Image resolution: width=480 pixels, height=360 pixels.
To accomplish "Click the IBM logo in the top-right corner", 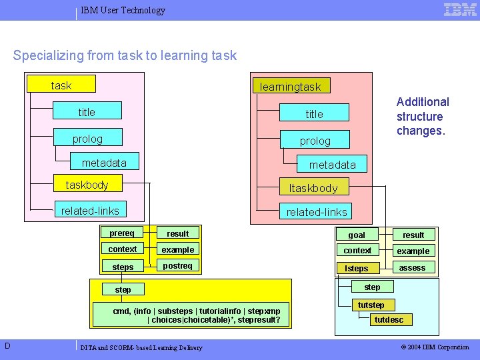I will [x=460, y=9].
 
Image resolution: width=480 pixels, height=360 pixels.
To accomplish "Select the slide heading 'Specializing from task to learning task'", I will [x=125, y=55].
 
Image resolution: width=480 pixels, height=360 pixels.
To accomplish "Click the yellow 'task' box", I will [x=61, y=85].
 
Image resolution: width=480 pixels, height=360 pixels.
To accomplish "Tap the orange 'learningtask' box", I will [x=290, y=86].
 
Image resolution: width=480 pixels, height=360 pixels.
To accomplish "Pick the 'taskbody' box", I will [x=87, y=185].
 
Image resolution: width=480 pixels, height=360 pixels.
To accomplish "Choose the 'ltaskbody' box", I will [x=313, y=188].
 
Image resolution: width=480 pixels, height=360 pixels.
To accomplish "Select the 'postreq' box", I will [x=177, y=266].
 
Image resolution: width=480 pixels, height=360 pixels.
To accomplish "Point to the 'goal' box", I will [x=357, y=235].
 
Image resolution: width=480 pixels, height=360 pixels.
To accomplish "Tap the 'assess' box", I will [x=413, y=267].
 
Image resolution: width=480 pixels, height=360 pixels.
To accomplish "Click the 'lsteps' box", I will [x=357, y=268].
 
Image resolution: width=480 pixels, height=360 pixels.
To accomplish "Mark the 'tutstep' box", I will [x=371, y=305].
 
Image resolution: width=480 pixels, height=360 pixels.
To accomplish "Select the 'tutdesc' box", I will [x=389, y=320].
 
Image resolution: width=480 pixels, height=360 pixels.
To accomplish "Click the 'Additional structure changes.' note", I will [x=423, y=116].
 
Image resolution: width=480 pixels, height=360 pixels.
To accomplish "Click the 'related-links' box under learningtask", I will [x=317, y=212].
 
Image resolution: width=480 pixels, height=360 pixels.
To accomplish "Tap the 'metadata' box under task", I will [x=104, y=163].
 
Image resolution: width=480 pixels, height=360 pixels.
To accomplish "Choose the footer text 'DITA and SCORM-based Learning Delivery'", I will [x=141, y=347].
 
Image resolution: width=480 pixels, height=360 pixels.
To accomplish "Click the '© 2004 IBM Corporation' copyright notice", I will [x=435, y=347].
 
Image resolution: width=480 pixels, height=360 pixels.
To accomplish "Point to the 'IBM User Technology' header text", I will [x=123, y=10].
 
